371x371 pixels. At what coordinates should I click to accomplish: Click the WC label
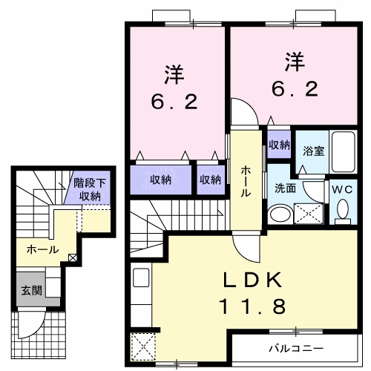click(x=342, y=190)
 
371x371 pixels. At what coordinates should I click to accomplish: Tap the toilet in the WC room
click(x=342, y=211)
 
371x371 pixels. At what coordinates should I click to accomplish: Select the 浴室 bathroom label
click(x=313, y=151)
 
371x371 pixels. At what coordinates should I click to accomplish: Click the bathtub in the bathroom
click(x=342, y=152)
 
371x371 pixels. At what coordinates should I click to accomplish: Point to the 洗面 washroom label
click(x=286, y=188)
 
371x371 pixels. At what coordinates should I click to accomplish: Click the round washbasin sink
click(x=280, y=215)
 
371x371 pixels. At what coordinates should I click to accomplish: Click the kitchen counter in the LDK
click(x=141, y=297)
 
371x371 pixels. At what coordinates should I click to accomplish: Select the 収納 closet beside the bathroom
click(x=279, y=145)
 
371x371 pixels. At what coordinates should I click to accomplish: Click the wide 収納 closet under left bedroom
click(x=161, y=179)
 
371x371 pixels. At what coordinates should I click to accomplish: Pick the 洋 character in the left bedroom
click(x=174, y=74)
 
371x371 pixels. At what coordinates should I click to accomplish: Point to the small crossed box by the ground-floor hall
click(x=72, y=257)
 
